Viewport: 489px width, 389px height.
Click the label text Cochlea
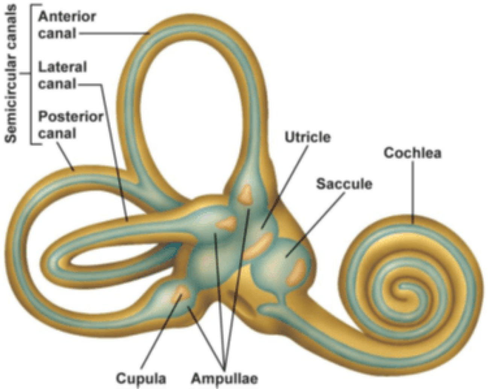[x=412, y=153]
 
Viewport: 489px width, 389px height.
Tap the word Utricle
[x=308, y=137]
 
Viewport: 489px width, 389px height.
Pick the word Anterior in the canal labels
[x=67, y=17]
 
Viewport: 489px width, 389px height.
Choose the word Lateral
[x=62, y=67]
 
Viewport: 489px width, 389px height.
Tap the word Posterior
[x=71, y=116]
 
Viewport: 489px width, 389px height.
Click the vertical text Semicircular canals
[x=11, y=74]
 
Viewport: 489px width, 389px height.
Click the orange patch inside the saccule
[x=296, y=272]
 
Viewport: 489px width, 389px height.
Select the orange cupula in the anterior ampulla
[x=245, y=195]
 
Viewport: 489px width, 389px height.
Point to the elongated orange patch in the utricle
[x=258, y=246]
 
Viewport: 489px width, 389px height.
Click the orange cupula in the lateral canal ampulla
[x=227, y=224]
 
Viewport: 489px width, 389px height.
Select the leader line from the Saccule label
[x=315, y=225]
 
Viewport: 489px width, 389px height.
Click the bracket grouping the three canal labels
[x=31, y=74]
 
